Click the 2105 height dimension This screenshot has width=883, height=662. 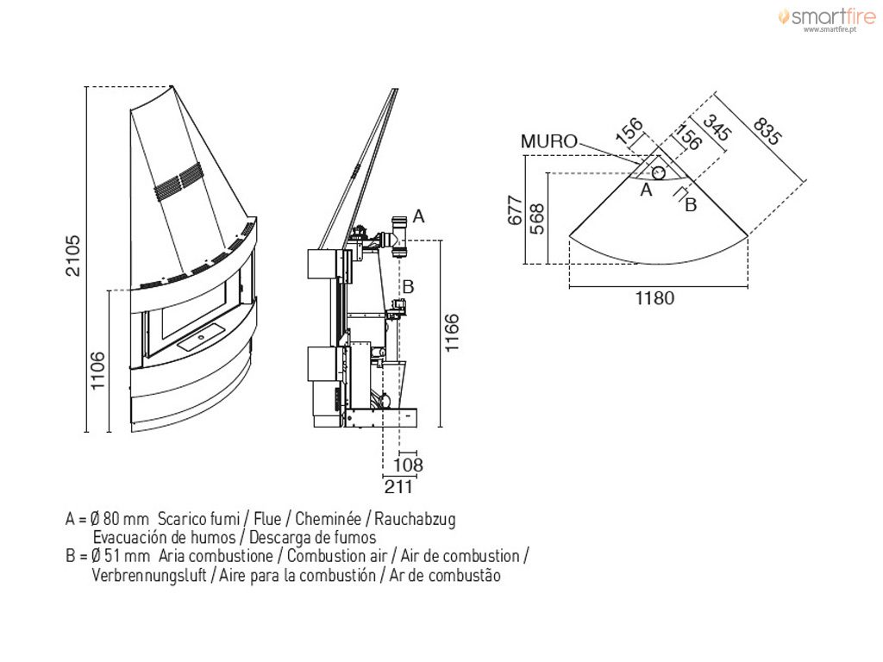click(x=74, y=256)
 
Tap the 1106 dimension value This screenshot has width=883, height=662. click(x=98, y=371)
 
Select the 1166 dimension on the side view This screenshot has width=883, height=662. click(x=452, y=334)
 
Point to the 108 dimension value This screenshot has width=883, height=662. click(x=408, y=465)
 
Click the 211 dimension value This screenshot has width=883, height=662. click(x=398, y=486)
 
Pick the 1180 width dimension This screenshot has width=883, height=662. click(x=654, y=297)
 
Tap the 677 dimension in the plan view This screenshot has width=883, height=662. click(x=516, y=210)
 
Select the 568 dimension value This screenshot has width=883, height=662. click(x=538, y=219)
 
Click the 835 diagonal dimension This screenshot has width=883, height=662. click(x=767, y=131)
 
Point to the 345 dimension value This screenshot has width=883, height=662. click(x=717, y=128)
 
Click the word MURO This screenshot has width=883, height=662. click(x=549, y=141)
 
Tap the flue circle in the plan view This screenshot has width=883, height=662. click(x=658, y=172)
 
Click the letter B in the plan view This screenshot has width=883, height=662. click(x=691, y=205)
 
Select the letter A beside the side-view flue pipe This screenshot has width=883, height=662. click(x=418, y=216)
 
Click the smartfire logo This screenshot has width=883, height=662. click(x=827, y=17)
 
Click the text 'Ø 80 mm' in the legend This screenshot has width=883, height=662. click(x=120, y=518)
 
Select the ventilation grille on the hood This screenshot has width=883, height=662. click(x=178, y=181)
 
